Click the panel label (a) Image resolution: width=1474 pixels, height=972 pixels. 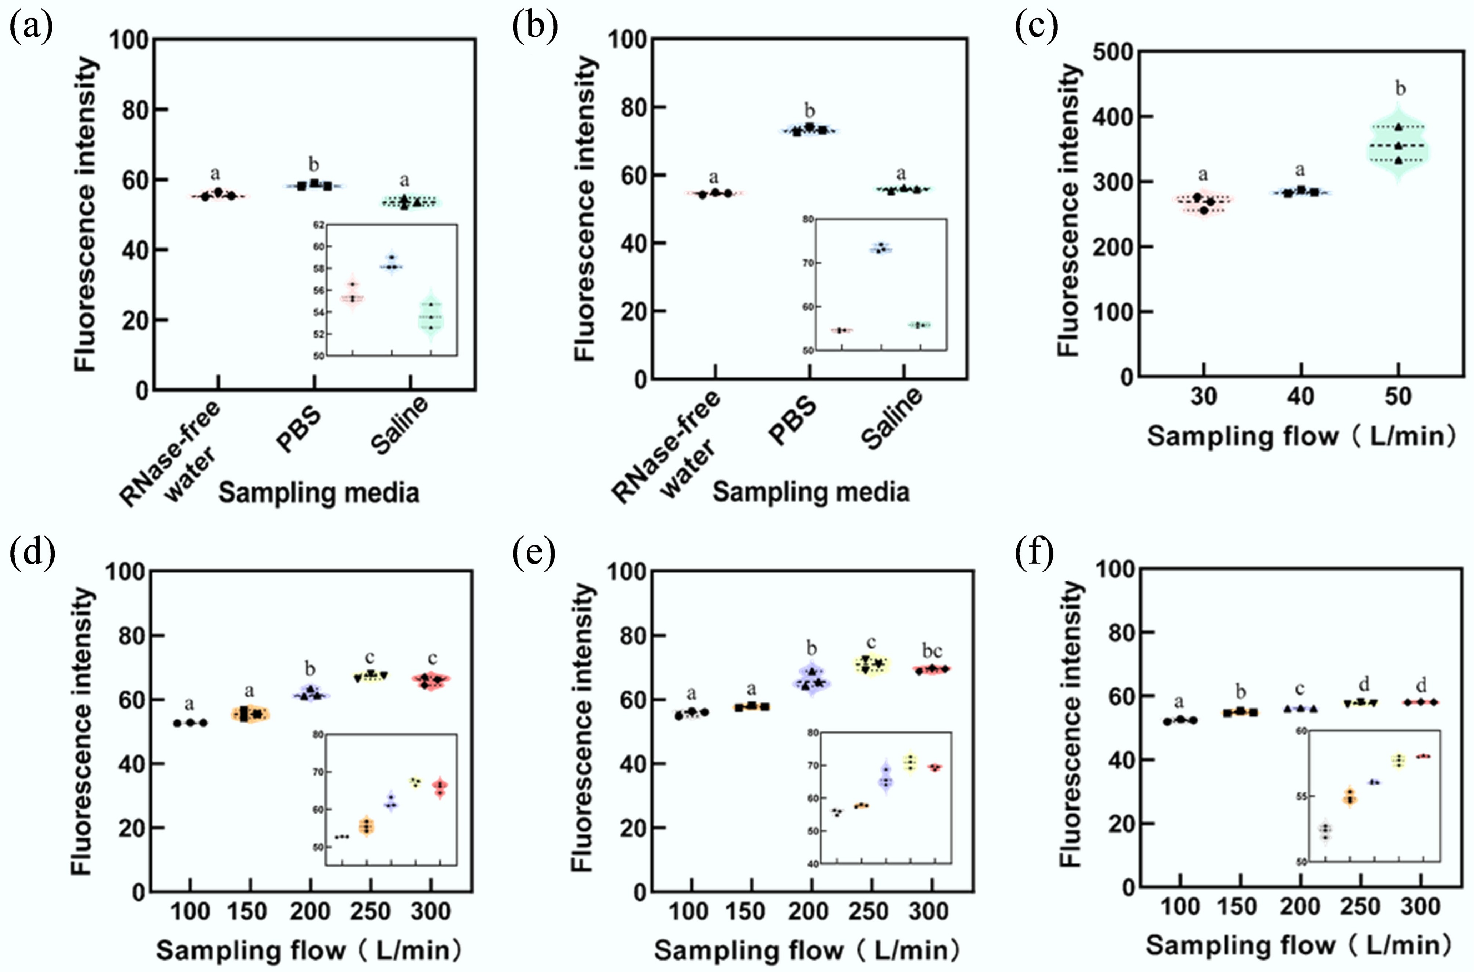pos(30,28)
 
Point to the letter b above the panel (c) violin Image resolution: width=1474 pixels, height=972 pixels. pos(1400,89)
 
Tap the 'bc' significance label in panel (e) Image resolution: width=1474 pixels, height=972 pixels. pos(932,651)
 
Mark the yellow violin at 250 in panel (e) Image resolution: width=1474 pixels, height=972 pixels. pos(872,665)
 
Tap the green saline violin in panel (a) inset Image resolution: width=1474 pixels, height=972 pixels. pos(431,316)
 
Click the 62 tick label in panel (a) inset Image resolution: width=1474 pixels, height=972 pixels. pos(319,225)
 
